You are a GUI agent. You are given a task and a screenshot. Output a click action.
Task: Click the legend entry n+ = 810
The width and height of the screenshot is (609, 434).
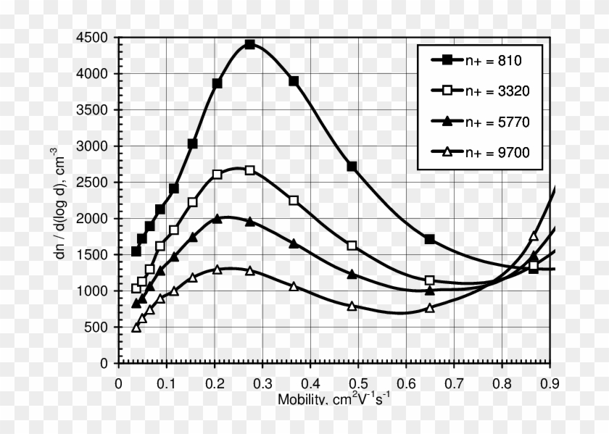point(478,60)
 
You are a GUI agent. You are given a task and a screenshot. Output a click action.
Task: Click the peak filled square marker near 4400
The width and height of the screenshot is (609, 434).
point(250,44)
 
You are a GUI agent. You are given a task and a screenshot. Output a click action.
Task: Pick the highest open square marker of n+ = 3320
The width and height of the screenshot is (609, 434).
point(250,170)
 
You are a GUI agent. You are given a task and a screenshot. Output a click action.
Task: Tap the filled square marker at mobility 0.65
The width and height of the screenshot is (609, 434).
point(430,239)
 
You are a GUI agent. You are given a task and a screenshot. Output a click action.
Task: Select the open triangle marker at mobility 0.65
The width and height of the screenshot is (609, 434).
point(430,308)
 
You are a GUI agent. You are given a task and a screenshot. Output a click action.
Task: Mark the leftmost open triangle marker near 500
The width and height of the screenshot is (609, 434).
point(136,327)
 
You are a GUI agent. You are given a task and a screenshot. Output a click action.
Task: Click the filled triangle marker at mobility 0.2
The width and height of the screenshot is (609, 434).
point(217,218)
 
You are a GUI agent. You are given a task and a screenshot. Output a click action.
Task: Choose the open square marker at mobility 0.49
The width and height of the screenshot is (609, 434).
point(352,246)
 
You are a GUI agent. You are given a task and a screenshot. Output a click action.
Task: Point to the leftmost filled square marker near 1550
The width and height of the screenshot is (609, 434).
point(136,251)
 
